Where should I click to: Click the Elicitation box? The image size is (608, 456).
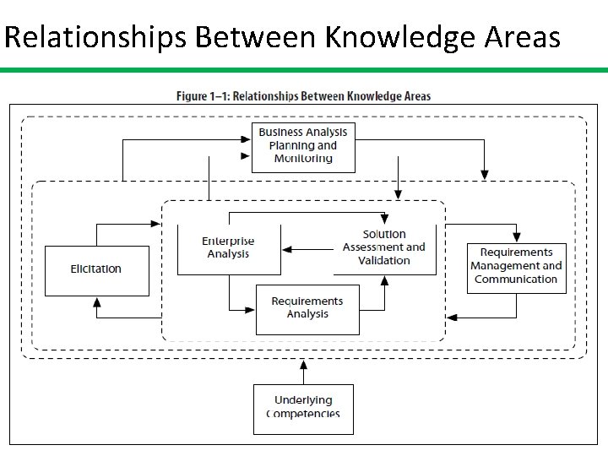point(96,270)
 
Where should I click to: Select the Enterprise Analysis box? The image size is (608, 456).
point(228,248)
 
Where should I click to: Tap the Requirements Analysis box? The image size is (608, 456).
point(307,308)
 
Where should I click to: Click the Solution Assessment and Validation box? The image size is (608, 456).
point(384,247)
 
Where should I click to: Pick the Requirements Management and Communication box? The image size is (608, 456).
point(516,266)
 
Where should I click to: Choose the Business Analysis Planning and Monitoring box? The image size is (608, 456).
point(303,146)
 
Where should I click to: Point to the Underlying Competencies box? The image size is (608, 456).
point(303,408)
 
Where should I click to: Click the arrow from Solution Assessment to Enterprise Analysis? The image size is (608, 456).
point(307,249)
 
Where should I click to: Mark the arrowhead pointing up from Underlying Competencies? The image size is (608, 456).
point(303,365)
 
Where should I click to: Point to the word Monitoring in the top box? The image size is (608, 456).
point(303,159)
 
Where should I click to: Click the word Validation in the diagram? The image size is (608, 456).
point(384,261)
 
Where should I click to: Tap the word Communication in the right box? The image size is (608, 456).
point(516,280)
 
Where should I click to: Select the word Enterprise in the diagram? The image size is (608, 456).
point(228,242)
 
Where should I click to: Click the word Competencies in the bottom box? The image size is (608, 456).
point(303,414)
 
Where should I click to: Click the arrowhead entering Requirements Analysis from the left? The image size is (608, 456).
point(251,309)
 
